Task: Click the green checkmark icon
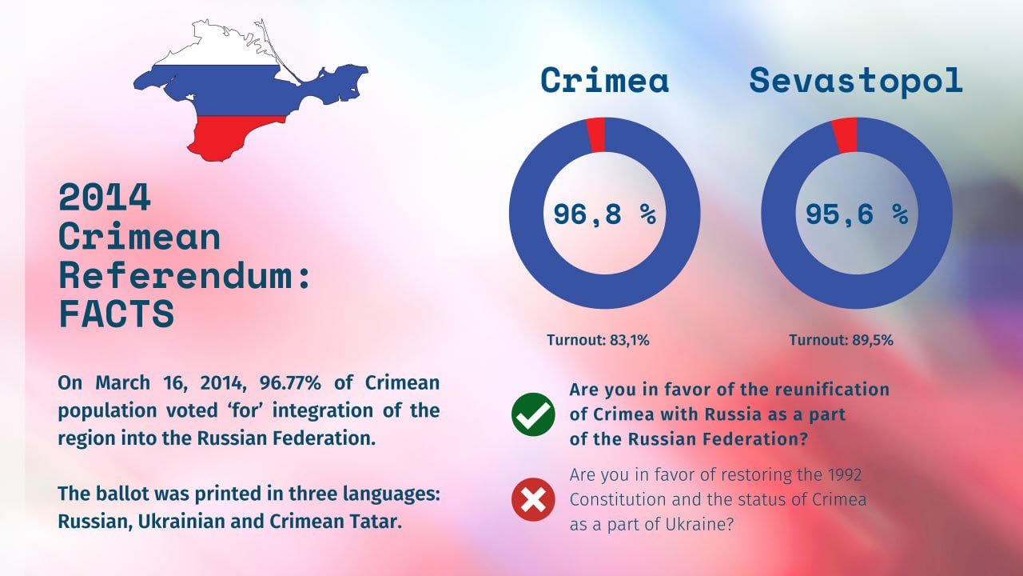(x=533, y=414)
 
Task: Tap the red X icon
(x=533, y=499)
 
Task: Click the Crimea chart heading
(x=605, y=81)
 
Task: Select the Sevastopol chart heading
(x=856, y=81)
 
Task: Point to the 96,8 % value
(x=605, y=214)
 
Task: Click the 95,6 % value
(x=857, y=214)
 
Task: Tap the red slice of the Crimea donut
(x=596, y=135)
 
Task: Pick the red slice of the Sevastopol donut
(x=846, y=136)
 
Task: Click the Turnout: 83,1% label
(x=598, y=340)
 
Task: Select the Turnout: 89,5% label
(x=841, y=340)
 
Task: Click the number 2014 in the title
(x=105, y=198)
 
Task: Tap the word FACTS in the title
(x=117, y=314)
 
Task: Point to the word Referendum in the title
(x=176, y=275)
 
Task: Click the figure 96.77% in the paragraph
(x=290, y=382)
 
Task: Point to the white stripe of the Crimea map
(x=219, y=50)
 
